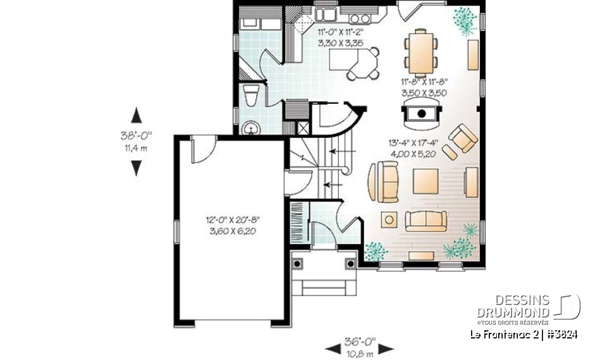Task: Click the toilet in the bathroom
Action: pyautogui.click(x=251, y=96)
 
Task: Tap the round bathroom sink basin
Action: pyautogui.click(x=252, y=129)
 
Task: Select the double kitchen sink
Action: pyautogui.click(x=327, y=13)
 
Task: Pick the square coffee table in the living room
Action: pyautogui.click(x=425, y=181)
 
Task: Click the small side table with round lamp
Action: pyautogui.click(x=388, y=220)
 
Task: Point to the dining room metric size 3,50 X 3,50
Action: pyautogui.click(x=424, y=92)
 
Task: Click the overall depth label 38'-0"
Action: pyautogui.click(x=136, y=135)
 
